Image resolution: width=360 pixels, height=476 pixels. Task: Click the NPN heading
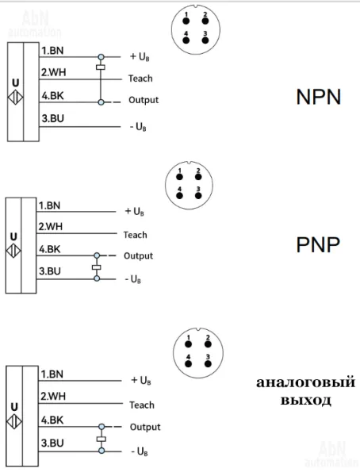319,97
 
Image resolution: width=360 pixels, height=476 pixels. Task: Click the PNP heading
318,245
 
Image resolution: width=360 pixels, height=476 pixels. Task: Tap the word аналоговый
305,382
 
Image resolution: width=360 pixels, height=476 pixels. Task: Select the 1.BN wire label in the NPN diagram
52,51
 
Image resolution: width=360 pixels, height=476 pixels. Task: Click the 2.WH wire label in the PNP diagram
50,226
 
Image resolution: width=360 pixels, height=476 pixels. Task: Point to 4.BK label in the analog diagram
52,420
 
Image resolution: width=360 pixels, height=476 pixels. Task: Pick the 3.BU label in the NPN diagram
53,118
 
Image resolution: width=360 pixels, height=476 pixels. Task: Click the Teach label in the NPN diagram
140,79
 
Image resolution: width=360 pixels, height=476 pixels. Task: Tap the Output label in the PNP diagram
138,256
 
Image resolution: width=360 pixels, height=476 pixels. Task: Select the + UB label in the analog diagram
141,380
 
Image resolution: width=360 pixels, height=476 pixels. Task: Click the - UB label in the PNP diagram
133,279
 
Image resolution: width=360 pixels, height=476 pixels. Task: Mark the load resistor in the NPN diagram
101,67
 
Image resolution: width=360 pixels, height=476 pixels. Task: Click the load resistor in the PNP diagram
97,267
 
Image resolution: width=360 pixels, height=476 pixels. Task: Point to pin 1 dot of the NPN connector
186,21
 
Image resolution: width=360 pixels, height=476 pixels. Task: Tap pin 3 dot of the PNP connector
198,195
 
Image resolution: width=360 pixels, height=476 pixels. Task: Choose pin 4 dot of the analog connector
189,363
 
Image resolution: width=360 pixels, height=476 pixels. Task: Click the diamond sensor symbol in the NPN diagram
16,98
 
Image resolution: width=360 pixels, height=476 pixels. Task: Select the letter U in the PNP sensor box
13,236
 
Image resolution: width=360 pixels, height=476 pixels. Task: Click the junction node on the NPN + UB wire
101,57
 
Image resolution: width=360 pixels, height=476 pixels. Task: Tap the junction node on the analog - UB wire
101,451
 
